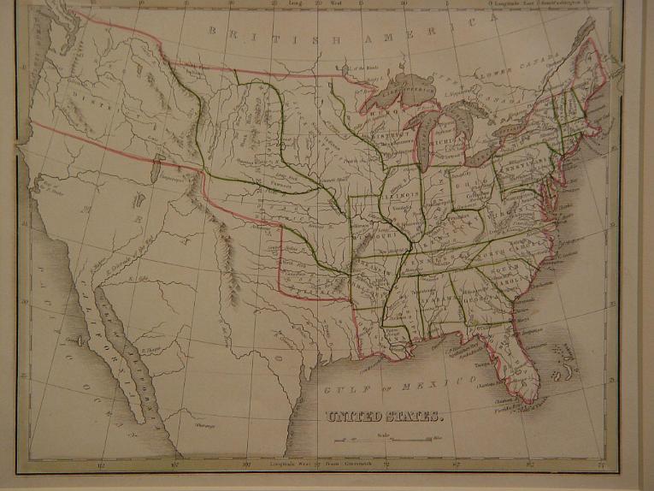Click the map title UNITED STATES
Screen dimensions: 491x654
[384, 417]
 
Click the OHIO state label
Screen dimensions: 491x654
[466, 182]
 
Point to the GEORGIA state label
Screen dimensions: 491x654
[472, 299]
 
